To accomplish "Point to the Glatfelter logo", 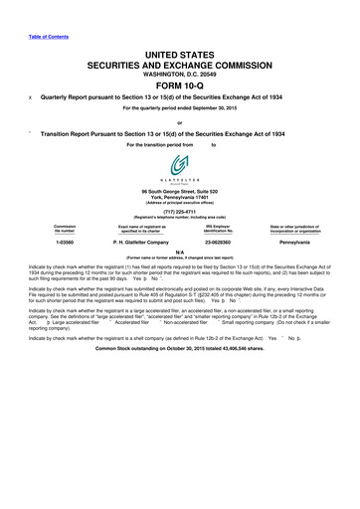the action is [x=179, y=167].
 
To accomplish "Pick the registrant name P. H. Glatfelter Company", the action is [x=146, y=240].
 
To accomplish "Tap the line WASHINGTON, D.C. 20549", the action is [x=179, y=70].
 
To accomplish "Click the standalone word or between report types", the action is [x=179, y=123].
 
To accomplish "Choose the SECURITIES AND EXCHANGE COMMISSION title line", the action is [x=179, y=60].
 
